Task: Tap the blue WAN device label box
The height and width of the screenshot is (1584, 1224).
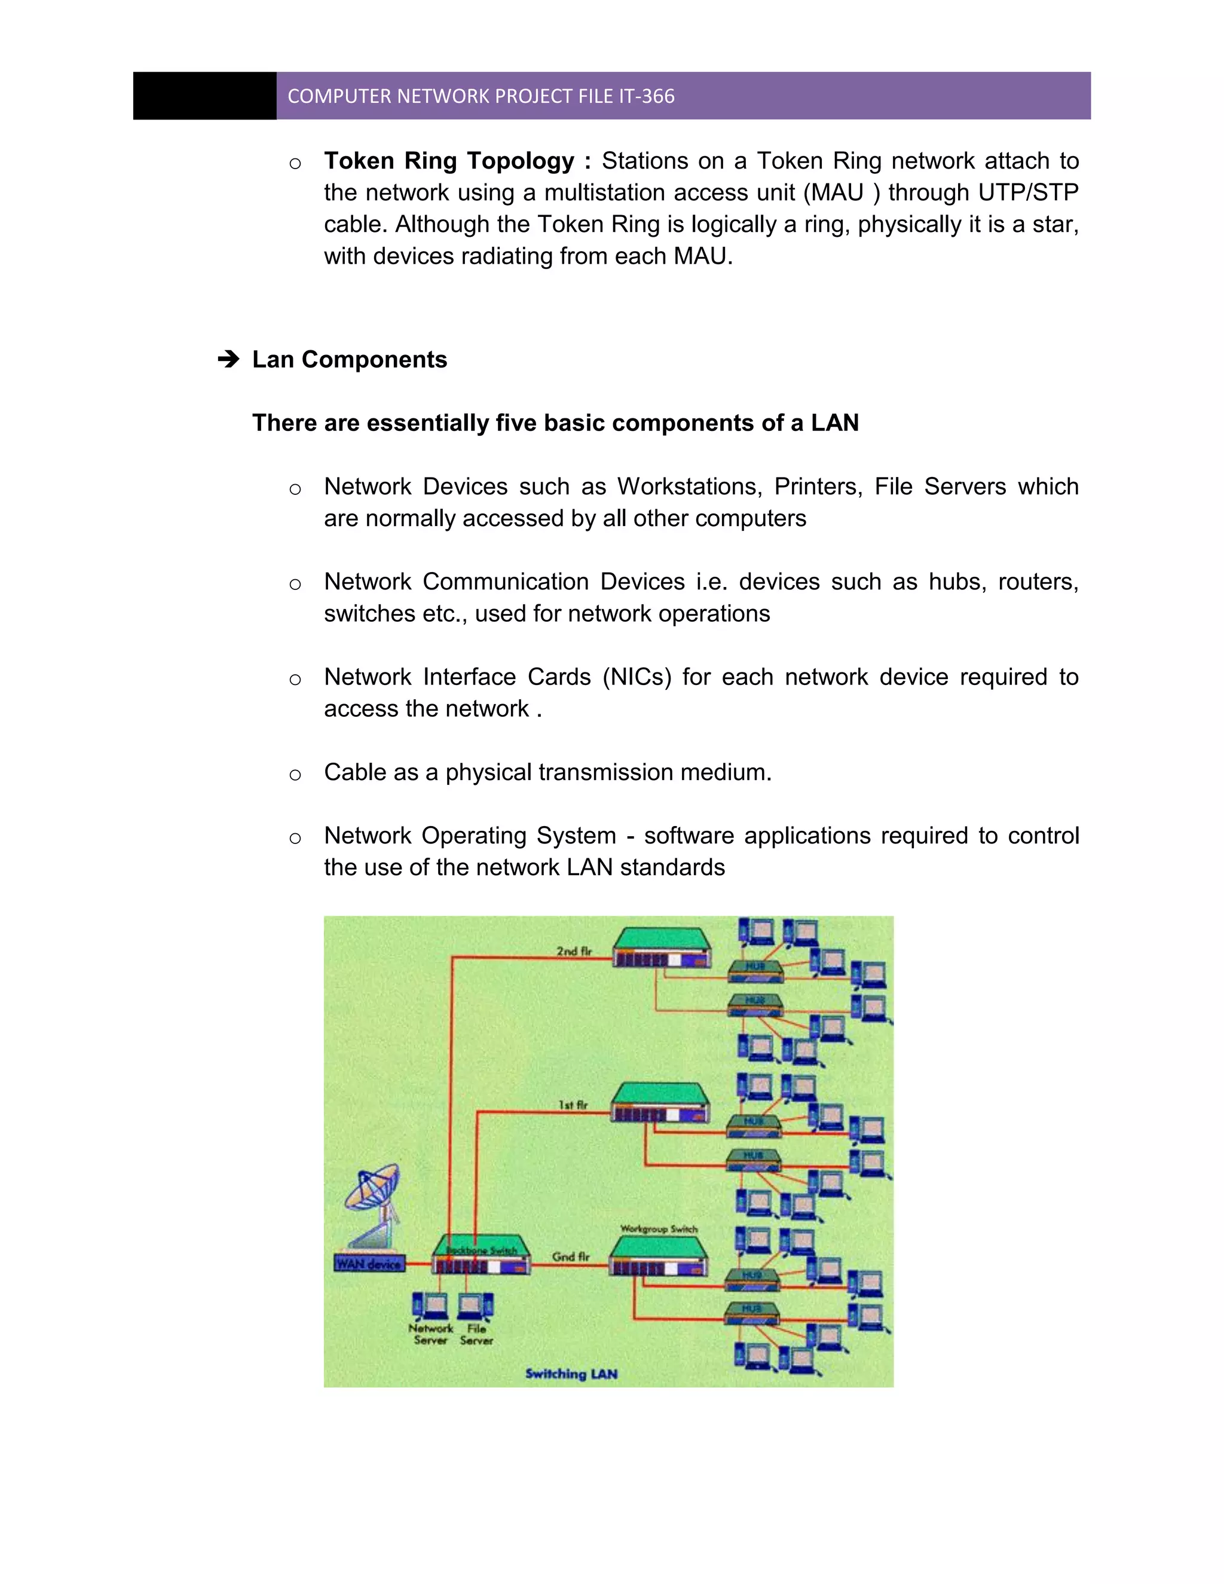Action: (x=369, y=1264)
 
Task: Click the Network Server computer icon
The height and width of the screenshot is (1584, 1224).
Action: (x=429, y=1306)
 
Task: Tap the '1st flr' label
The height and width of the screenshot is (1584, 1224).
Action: (x=573, y=1105)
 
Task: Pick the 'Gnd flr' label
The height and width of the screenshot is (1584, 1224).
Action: (x=571, y=1257)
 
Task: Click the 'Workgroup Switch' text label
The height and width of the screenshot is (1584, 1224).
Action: (x=659, y=1228)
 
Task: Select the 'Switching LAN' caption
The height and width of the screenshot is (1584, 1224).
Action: (x=571, y=1374)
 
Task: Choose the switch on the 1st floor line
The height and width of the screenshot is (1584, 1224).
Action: (x=660, y=1102)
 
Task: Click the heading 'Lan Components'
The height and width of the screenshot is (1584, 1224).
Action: (x=350, y=360)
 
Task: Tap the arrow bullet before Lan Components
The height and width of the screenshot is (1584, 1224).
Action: (x=228, y=359)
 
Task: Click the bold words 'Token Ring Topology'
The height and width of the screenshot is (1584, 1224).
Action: (x=449, y=161)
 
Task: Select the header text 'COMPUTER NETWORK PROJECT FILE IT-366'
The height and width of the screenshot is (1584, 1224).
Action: (x=481, y=96)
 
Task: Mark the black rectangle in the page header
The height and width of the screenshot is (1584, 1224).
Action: (x=204, y=96)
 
